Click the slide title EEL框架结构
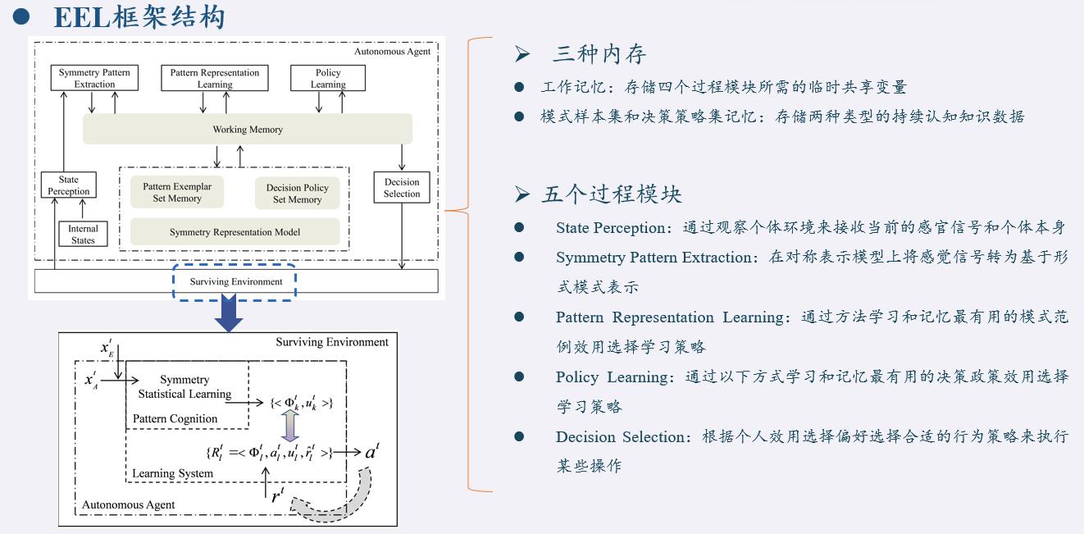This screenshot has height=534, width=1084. [139, 17]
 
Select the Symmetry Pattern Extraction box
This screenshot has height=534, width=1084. [94, 78]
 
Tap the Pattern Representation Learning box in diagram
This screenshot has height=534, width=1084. [215, 78]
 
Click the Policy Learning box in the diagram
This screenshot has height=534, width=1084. [328, 78]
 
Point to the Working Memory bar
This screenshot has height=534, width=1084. [248, 130]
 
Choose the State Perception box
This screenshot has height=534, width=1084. [69, 185]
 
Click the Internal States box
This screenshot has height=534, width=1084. [83, 235]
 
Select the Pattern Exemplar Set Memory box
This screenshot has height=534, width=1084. [177, 193]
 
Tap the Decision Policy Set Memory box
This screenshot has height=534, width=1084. [297, 194]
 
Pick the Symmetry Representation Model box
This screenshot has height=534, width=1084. [235, 232]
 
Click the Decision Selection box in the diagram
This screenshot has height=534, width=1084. [402, 188]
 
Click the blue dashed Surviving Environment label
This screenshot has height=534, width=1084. [235, 282]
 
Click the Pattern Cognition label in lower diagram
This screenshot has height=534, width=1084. [175, 419]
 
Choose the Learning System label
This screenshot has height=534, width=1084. [172, 473]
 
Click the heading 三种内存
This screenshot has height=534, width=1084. [599, 55]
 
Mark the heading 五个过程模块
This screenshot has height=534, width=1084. [611, 194]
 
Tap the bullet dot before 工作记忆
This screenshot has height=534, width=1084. [519, 87]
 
